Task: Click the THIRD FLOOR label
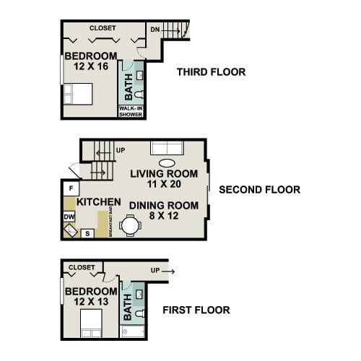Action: tap(211, 72)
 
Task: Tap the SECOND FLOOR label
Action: tap(258, 191)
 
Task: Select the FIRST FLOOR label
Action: tap(196, 310)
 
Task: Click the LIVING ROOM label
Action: tap(163, 174)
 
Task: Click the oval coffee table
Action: tap(166, 162)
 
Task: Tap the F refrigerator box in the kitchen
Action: tap(71, 188)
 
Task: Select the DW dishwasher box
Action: tap(69, 216)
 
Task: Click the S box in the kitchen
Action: tap(87, 232)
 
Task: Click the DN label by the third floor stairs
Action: tap(155, 30)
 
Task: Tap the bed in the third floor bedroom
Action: tap(77, 95)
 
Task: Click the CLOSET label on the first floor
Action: tap(82, 267)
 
